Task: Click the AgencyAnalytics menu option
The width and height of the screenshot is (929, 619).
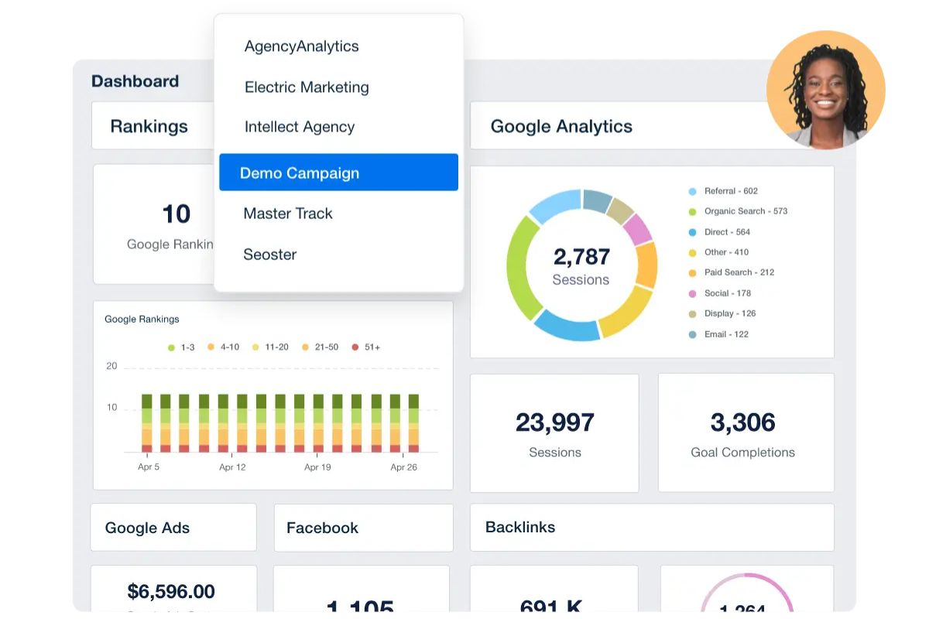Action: pyautogui.click(x=301, y=46)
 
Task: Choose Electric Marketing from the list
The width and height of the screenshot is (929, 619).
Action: pyautogui.click(x=307, y=87)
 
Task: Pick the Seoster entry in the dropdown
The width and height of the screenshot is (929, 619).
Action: pyautogui.click(x=269, y=255)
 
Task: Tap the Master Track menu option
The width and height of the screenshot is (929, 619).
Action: pyautogui.click(x=287, y=214)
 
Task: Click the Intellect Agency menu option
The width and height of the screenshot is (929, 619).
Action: pyautogui.click(x=299, y=127)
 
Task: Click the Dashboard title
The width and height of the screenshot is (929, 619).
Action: pyautogui.click(x=135, y=81)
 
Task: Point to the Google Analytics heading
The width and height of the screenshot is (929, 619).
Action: pyautogui.click(x=561, y=126)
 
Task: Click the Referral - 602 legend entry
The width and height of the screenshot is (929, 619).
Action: pyautogui.click(x=730, y=191)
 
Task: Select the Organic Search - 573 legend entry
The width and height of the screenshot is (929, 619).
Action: pyautogui.click(x=745, y=211)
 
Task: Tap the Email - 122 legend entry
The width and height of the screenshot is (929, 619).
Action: pyautogui.click(x=725, y=334)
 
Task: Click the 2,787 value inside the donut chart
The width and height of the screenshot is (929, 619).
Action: pyautogui.click(x=581, y=256)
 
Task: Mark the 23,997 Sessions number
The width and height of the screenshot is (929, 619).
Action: pyautogui.click(x=554, y=422)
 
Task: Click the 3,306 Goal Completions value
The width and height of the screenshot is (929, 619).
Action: pyautogui.click(x=742, y=422)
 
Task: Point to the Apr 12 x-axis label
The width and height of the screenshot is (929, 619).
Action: pyautogui.click(x=232, y=467)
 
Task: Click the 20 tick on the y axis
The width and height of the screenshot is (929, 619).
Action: pyautogui.click(x=111, y=366)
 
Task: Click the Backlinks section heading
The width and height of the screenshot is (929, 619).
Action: pyautogui.click(x=520, y=527)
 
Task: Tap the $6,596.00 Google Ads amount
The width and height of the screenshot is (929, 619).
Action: pyautogui.click(x=171, y=592)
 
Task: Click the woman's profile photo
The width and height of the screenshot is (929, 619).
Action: pyautogui.click(x=825, y=90)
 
